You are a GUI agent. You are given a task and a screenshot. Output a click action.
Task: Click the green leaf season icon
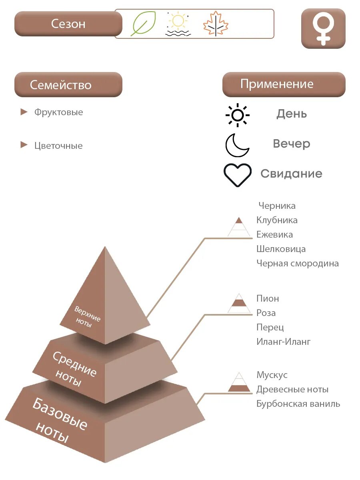(x=143, y=24)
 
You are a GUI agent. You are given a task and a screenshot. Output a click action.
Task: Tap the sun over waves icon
(x=178, y=24)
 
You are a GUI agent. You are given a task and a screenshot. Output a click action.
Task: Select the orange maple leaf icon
(x=216, y=24)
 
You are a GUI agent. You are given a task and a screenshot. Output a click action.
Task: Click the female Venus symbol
(x=323, y=28)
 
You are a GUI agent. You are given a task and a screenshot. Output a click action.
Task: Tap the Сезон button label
(x=68, y=24)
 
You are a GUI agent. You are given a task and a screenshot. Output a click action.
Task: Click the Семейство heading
(x=61, y=85)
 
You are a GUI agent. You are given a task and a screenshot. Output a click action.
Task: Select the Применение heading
(x=277, y=84)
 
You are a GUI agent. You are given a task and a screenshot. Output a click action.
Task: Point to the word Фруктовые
(x=59, y=112)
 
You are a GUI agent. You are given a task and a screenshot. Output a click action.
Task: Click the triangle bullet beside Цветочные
(x=24, y=145)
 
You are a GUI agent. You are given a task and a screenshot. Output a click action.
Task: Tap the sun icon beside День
(x=237, y=115)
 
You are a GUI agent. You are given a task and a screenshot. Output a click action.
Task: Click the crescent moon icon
(x=237, y=145)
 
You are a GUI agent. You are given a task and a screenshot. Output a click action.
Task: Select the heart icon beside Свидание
(x=238, y=175)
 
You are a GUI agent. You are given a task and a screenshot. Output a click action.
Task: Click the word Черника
(x=277, y=206)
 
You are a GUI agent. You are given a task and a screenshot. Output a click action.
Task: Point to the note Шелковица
(x=281, y=249)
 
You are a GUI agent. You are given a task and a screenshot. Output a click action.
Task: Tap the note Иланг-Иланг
(x=283, y=342)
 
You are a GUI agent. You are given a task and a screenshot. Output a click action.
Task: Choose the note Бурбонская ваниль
(x=298, y=404)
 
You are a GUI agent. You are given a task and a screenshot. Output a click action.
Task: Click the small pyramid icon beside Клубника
(x=239, y=226)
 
